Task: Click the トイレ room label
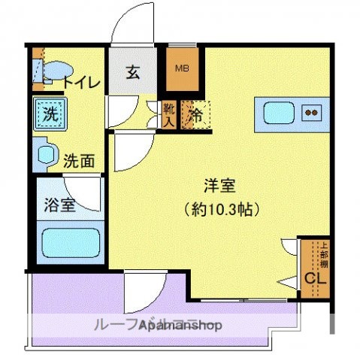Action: tap(75, 83)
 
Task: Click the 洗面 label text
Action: tap(78, 159)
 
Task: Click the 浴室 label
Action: tap(59, 205)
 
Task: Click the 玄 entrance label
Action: tap(132, 73)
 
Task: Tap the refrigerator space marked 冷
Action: tap(195, 115)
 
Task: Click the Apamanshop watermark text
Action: tap(158, 326)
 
